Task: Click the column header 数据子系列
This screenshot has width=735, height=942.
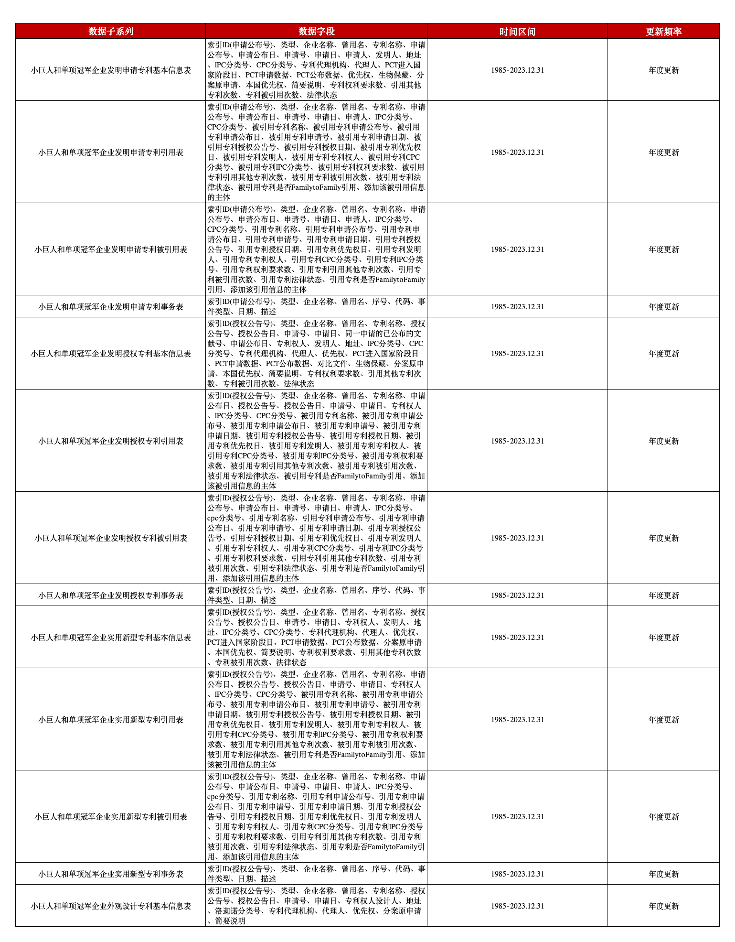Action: click(111, 32)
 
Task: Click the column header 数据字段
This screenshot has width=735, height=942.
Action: click(316, 32)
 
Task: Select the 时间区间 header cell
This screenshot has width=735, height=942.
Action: click(517, 32)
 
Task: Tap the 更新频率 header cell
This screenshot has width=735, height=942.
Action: click(663, 32)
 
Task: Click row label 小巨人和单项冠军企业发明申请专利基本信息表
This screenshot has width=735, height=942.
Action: click(111, 70)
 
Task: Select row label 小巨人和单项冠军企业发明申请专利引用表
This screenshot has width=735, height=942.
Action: click(111, 152)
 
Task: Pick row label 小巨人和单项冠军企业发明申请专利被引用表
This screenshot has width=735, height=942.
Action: click(111, 249)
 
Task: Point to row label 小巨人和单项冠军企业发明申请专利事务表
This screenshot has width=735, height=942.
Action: click(111, 307)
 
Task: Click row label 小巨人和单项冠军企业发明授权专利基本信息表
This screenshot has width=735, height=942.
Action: click(111, 354)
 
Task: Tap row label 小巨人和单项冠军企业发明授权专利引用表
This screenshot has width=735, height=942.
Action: click(111, 441)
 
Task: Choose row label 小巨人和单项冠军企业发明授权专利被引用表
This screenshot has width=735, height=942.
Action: click(111, 538)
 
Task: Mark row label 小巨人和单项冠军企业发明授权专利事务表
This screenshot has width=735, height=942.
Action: click(111, 596)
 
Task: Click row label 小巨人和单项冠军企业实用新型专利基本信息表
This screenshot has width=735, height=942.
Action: click(111, 638)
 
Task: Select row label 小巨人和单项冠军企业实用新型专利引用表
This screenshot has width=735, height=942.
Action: click(111, 720)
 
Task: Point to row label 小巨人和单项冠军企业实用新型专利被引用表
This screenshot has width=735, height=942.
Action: click(111, 817)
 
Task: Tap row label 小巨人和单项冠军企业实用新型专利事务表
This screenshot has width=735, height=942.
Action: click(111, 874)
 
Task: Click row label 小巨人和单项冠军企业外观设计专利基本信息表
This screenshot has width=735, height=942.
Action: click(111, 906)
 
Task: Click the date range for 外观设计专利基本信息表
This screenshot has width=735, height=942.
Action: click(517, 906)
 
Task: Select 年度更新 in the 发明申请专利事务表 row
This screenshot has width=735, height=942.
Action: click(663, 307)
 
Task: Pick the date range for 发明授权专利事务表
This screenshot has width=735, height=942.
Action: click(517, 596)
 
